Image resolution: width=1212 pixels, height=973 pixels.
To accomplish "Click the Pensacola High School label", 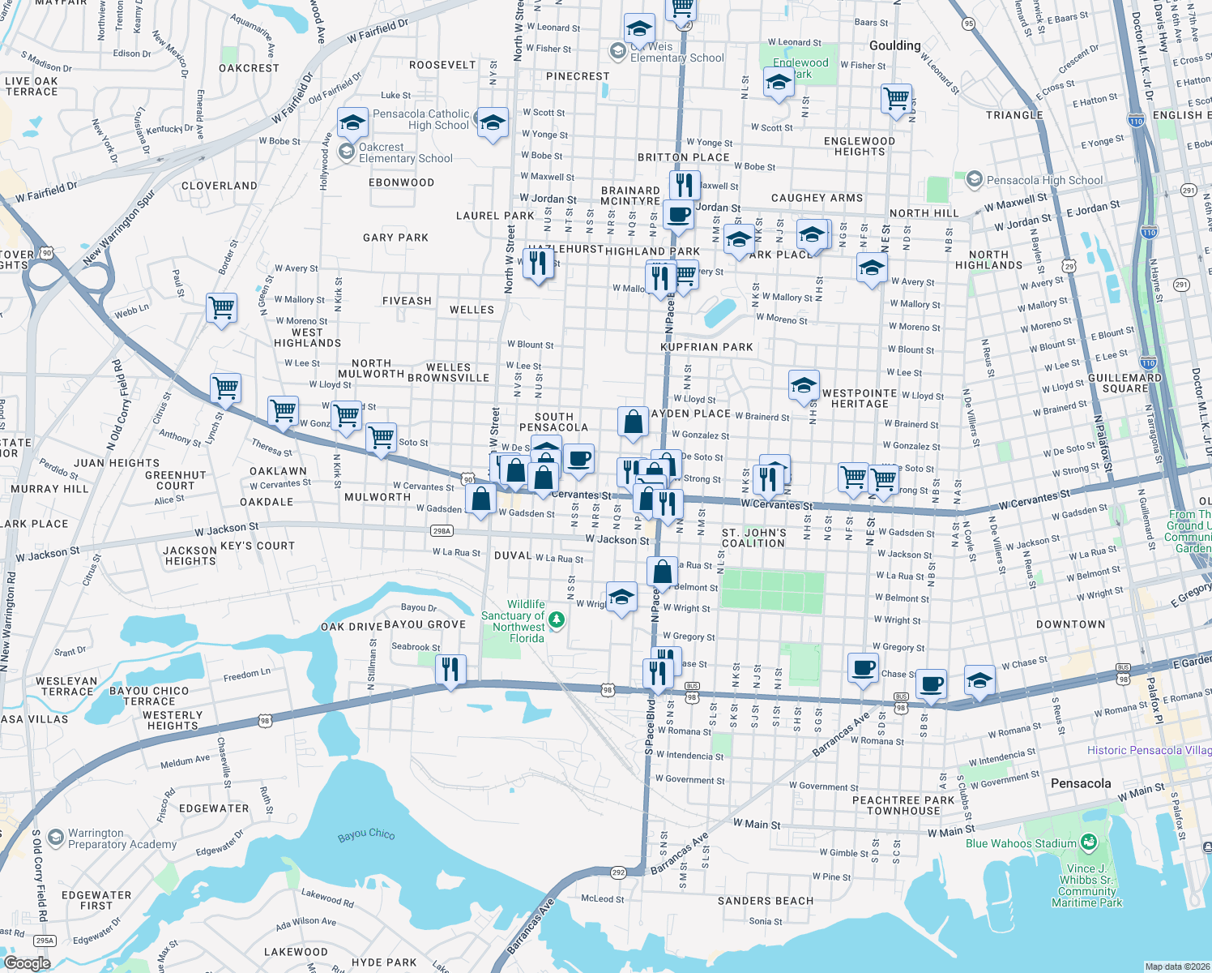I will point(1043,180).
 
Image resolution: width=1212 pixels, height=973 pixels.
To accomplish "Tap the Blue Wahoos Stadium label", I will point(1021,843).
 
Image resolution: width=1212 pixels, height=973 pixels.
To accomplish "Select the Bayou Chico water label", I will point(366,834).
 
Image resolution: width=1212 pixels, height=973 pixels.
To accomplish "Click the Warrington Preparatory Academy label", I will point(122,838).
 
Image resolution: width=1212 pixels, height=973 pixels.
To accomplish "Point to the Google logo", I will point(27,962).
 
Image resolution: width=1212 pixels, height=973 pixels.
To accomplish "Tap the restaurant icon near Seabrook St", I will point(450,670).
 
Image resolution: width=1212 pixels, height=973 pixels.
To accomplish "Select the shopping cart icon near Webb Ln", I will point(221,308).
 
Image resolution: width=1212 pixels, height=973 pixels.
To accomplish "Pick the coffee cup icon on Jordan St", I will point(678,215).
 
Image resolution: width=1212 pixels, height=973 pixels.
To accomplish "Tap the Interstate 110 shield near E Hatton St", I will point(1135,122).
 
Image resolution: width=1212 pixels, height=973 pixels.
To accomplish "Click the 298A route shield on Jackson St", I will point(442,531).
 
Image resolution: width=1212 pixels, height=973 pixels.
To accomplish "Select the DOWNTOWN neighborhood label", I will point(1070,624).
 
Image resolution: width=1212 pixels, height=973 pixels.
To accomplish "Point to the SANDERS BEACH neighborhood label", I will point(765,901).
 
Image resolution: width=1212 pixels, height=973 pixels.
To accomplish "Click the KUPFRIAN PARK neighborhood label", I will point(706,347).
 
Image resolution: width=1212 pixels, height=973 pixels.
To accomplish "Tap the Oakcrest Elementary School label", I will point(405,152).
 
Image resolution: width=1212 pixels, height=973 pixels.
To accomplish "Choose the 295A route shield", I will point(45,941).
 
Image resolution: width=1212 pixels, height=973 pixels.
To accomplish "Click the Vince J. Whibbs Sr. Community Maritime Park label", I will point(1086,885).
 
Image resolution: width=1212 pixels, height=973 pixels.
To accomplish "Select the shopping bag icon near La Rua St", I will point(662,572).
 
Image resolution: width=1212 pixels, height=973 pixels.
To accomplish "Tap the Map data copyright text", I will point(1176,967).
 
